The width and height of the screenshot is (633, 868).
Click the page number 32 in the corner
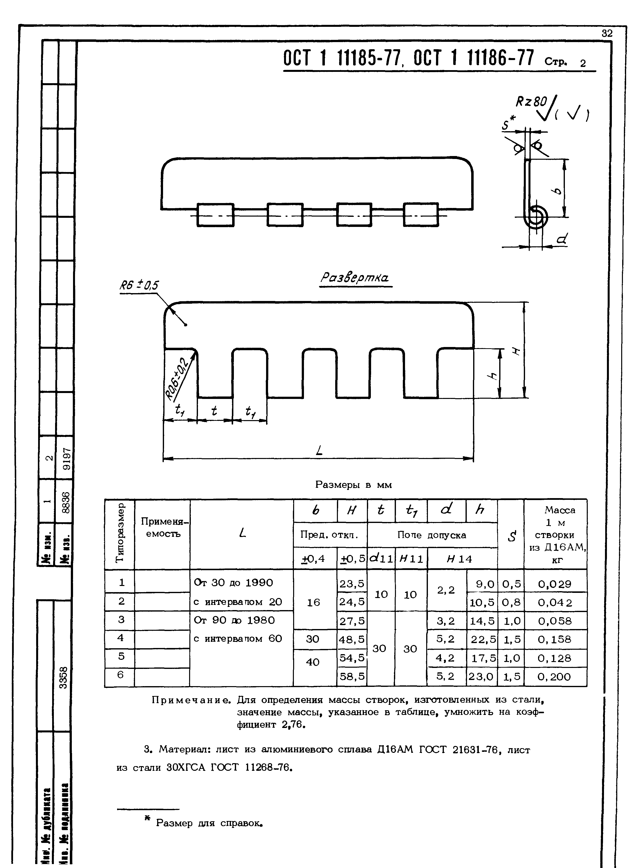607,33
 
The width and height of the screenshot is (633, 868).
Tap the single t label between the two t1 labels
214,410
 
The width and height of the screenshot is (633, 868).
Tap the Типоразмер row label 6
121,675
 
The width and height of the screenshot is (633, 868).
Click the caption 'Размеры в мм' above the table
353,485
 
